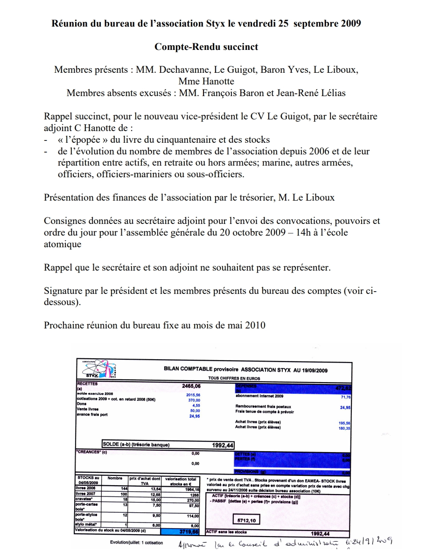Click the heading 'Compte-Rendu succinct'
(x=206, y=47)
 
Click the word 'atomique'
(x=63, y=244)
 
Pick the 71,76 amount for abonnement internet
(x=345, y=397)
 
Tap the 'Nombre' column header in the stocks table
(x=115, y=478)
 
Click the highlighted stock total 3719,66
(x=189, y=531)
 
